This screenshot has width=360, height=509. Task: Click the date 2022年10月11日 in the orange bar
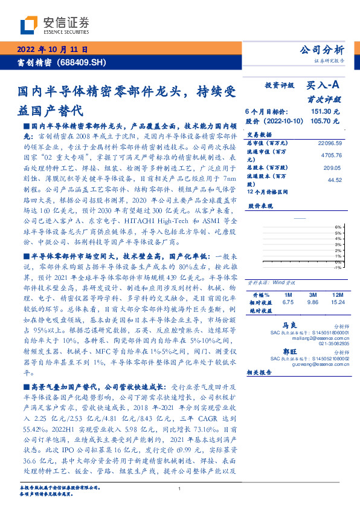[x=53, y=50]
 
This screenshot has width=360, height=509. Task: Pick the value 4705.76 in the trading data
[x=330, y=154]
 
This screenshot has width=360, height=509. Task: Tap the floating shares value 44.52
[x=335, y=180]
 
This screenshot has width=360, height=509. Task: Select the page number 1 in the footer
[x=180, y=488]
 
